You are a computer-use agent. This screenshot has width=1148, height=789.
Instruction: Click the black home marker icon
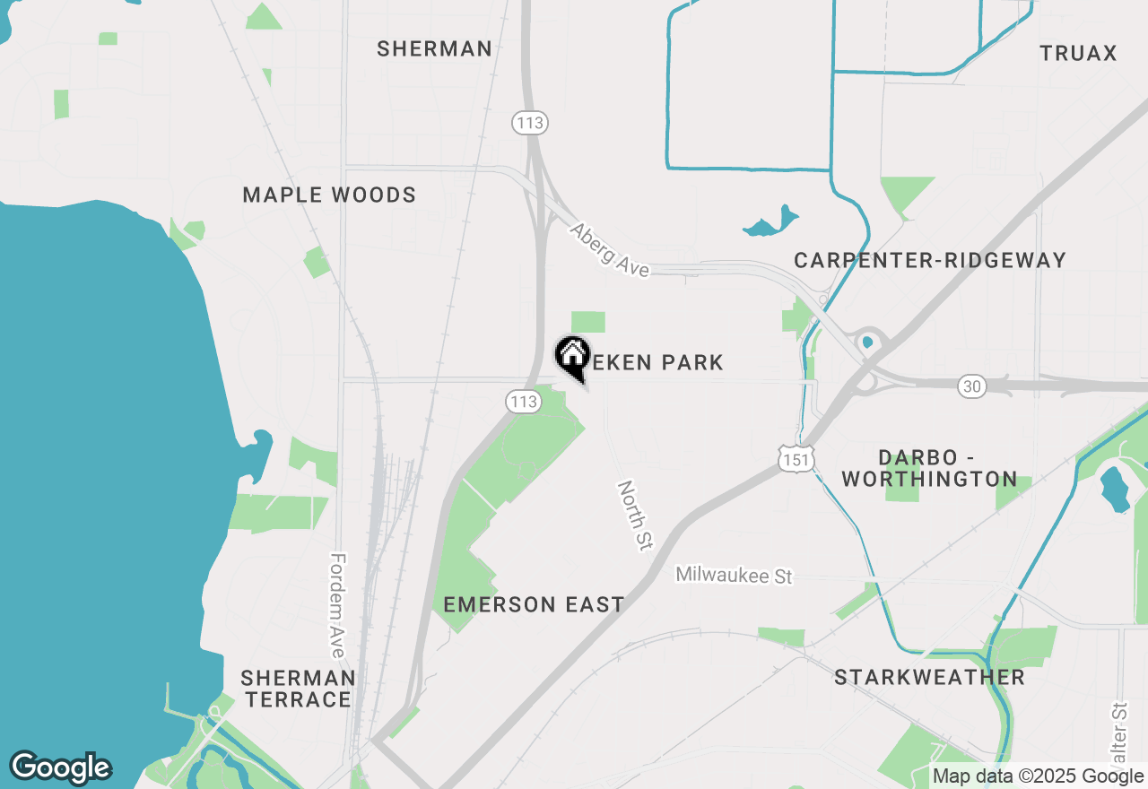coord(572,356)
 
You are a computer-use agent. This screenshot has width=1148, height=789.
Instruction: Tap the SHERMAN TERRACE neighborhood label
coord(298,688)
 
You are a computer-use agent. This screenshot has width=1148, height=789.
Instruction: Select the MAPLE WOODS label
coord(329,195)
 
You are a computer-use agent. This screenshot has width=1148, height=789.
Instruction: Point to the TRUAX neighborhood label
coord(1078,53)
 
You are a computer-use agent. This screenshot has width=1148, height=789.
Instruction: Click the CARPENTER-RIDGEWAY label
coord(930,260)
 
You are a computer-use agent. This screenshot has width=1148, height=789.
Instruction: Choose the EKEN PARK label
coord(657,362)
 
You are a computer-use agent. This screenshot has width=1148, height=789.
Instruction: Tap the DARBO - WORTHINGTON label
coord(929,468)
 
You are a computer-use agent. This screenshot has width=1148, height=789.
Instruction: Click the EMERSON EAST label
coord(534,604)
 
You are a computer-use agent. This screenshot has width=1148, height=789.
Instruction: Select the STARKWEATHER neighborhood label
coord(929,677)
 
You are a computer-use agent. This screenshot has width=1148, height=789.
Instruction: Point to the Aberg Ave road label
coord(610,250)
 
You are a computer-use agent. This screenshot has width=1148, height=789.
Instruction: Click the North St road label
coord(634,515)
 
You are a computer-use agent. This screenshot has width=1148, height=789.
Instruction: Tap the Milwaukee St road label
coord(734,575)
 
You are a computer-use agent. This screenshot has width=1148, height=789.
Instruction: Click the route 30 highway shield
coord(972,386)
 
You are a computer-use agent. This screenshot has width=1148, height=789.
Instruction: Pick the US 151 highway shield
coord(796,459)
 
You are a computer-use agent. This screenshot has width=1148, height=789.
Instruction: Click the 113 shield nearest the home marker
coord(523,402)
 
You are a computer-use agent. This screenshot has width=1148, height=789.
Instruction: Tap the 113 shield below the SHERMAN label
coord(530,123)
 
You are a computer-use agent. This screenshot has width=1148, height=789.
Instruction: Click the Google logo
coord(60,767)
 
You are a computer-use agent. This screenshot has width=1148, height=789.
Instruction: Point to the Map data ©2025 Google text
coord(1038,776)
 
